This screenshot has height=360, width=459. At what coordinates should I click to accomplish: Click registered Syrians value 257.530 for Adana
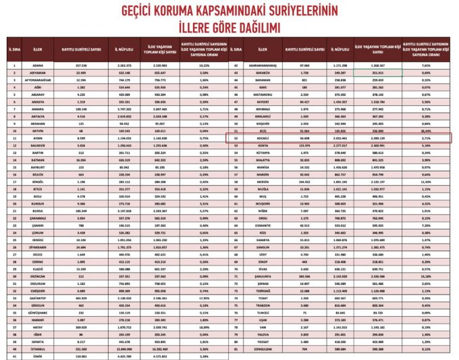[82, 66]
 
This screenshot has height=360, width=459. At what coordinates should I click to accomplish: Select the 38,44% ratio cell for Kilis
[425, 130]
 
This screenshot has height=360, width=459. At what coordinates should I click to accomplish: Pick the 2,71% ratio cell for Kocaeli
[425, 136]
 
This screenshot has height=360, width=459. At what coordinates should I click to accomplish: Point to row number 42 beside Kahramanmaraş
[238, 66]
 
